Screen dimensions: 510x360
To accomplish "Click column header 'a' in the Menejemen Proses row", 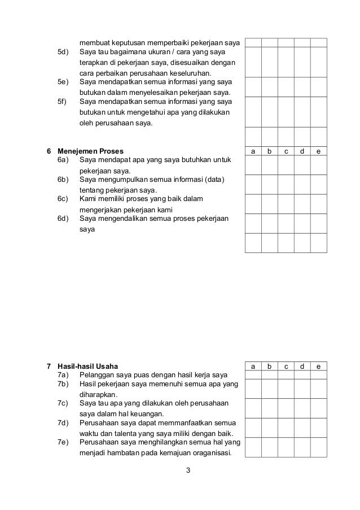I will (253, 151).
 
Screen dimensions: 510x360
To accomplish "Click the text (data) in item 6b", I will (214, 180).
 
